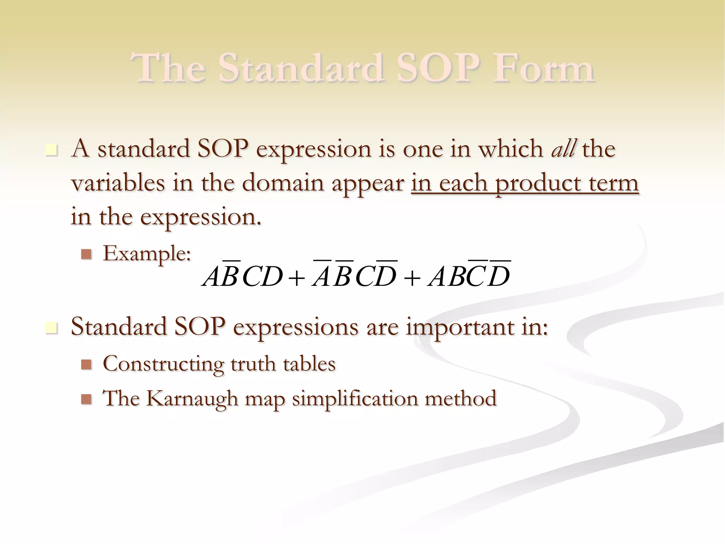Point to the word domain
pos(283,183)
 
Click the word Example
pos(147,254)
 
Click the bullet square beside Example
pos(86,254)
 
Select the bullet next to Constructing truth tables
pos(86,364)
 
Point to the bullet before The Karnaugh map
pos(86,399)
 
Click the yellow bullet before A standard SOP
pos(51,150)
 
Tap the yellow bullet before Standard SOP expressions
pos(51,328)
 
